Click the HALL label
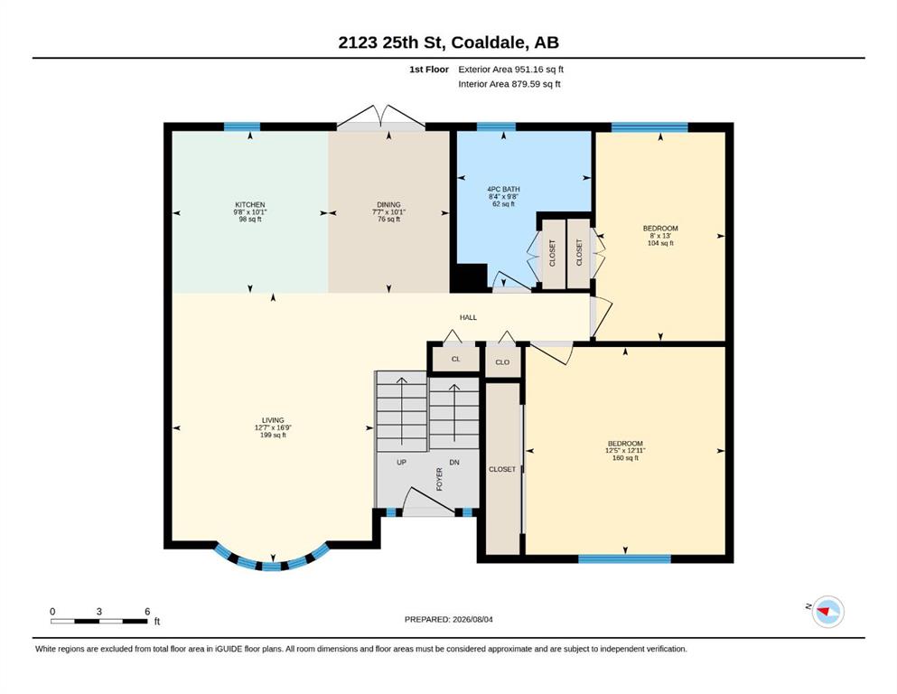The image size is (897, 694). point(468,317)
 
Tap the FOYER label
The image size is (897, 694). point(440,480)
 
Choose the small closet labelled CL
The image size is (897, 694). point(455,360)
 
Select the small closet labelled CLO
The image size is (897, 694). point(502,362)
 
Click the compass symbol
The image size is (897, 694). point(827,612)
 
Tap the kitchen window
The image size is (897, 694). point(241,127)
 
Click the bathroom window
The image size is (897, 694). point(496,127)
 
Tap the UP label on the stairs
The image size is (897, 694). point(402,463)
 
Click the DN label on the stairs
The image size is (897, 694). point(454,463)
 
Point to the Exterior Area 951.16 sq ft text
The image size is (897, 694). point(511,70)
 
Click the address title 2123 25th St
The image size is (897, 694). point(392,42)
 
